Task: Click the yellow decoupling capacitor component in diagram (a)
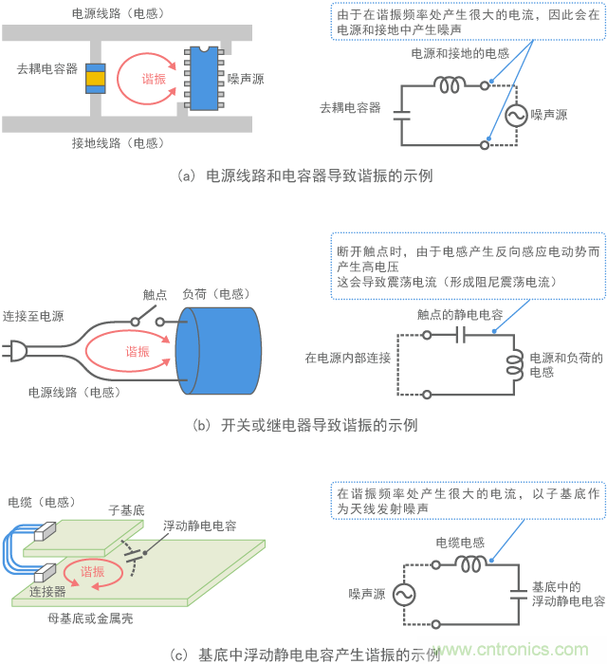95,80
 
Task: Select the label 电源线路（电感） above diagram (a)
116,14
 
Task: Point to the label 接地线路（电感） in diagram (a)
116,143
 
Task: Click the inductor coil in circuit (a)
451,84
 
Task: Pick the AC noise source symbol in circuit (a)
519,115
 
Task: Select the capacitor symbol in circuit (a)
402,115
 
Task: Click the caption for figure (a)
303,175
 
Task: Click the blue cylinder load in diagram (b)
218,353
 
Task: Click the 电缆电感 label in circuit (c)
460,542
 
